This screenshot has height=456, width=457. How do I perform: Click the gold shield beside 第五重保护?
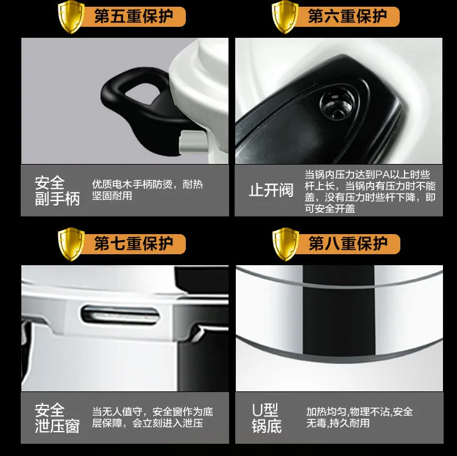coord(71,17)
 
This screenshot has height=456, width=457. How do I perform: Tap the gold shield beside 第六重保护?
coord(285,17)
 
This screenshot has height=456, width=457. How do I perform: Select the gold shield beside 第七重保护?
coord(71,244)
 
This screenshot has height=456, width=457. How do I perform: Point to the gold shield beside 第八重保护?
coord(285,244)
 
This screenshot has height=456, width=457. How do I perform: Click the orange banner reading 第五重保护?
coord(133,16)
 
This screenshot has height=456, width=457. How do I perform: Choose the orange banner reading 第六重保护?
coord(347,16)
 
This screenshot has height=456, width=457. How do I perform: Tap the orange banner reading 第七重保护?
coord(133,244)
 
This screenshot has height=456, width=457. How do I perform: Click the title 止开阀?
coord(271,190)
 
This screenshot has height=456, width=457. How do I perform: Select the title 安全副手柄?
coord(57,191)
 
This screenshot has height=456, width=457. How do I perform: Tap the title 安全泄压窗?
coord(57,418)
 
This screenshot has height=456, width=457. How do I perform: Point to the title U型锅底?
coord(267,418)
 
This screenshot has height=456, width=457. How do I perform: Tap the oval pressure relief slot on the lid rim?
coord(121,315)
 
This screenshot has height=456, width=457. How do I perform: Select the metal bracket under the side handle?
coord(193,142)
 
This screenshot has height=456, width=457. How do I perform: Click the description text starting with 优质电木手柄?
coord(147,190)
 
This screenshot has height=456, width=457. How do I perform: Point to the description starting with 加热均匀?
coord(360,417)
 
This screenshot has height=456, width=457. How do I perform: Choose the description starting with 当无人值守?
coord(152,417)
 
